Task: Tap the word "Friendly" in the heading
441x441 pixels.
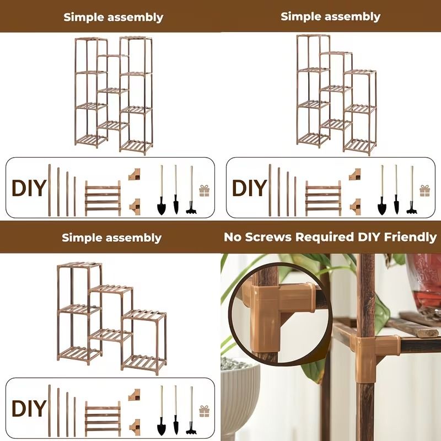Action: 410,237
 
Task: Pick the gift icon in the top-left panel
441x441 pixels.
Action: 205,191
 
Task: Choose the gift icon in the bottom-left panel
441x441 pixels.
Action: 205,411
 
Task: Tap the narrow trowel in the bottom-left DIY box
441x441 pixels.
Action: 176,410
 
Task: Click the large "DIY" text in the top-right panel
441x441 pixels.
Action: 250,188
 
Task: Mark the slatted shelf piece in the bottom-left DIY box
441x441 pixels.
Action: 103,418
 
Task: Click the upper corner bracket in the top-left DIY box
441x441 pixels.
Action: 135,174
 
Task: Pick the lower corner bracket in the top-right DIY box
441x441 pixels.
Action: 355,207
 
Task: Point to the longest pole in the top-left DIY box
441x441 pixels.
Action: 50,190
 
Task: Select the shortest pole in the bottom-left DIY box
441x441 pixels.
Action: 75,417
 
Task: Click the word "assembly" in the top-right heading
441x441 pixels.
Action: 352,17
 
